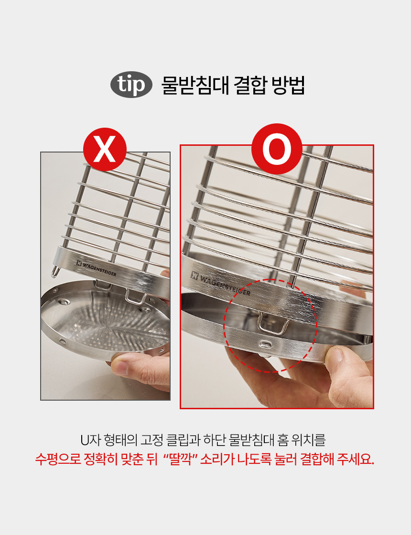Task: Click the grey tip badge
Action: point(131,85)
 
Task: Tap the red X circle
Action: point(105,150)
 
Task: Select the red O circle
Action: point(277,149)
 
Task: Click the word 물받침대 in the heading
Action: point(195,85)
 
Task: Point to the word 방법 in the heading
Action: point(288,85)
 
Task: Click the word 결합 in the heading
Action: point(250,85)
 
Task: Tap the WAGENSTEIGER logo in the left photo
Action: point(97,269)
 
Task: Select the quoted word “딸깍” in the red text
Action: point(179,459)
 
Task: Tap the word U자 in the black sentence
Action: point(90,440)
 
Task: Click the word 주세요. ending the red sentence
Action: point(356,459)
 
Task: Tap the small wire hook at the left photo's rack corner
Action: point(55,272)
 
